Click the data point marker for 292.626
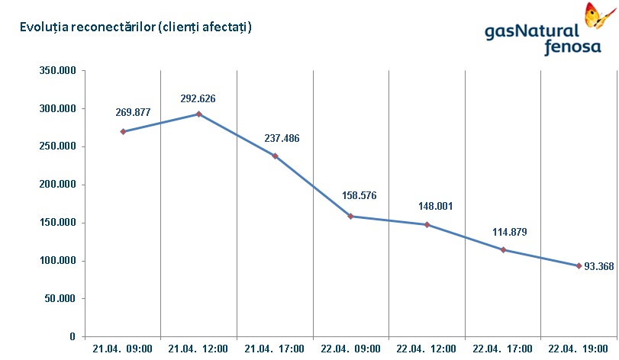point(198,114)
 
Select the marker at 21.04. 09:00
point(123,131)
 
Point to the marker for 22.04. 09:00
point(350,217)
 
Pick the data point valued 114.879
point(502,250)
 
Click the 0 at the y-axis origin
point(73,336)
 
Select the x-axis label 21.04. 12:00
point(198,349)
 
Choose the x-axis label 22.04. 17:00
point(502,349)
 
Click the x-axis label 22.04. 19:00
point(579,349)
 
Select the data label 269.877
point(133,112)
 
